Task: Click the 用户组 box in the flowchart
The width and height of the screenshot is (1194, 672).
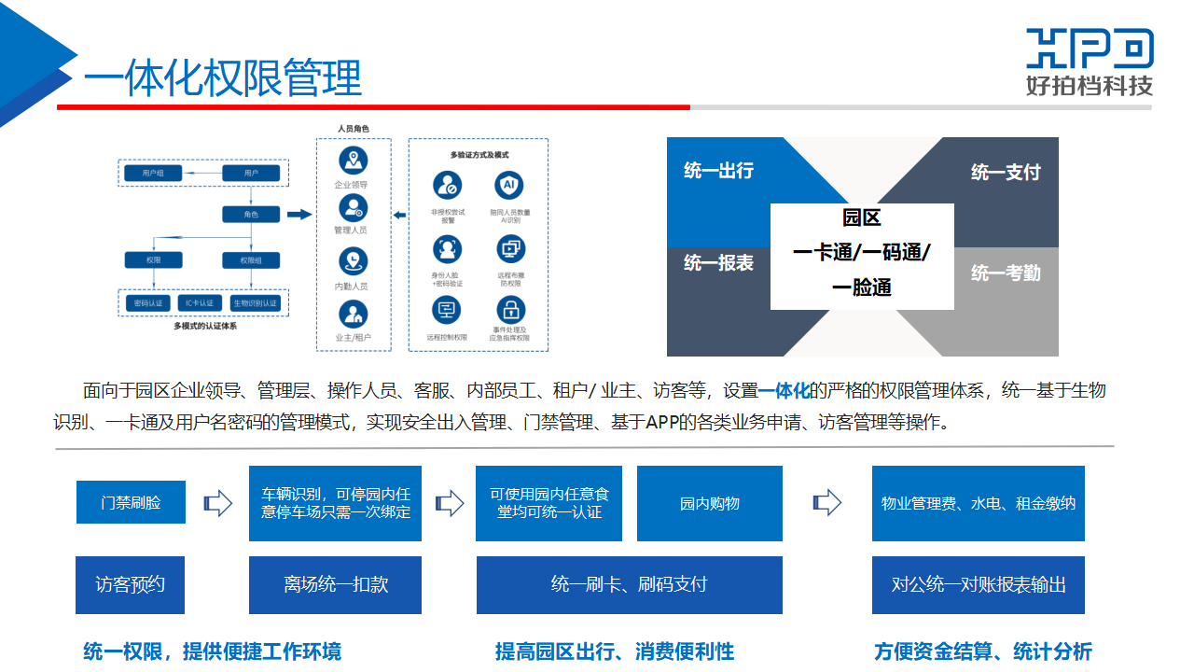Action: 153,173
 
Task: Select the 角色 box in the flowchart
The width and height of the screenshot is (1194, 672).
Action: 251,215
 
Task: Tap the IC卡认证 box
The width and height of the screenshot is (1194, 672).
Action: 199,303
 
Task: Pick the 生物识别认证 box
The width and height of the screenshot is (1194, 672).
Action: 255,303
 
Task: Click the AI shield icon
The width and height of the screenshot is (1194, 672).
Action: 509,185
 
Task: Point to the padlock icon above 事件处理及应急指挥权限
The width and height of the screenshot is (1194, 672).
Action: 510,309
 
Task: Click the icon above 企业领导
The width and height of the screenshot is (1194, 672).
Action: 352,161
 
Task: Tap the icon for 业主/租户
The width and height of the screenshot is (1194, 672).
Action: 352,314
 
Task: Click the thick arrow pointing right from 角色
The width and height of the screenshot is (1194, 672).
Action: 298,215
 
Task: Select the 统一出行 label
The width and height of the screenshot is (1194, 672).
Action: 718,171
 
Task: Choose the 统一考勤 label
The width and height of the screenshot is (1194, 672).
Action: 1006,273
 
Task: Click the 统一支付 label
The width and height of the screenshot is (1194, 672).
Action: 1006,172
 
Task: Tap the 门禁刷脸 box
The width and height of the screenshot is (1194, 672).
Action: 131,502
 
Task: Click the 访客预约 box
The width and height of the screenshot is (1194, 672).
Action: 131,584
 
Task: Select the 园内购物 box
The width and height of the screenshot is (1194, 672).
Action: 710,503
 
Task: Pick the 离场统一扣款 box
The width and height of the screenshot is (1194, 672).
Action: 336,584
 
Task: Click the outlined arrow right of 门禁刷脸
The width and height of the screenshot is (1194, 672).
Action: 217,503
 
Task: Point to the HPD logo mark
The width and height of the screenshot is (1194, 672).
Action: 1090,49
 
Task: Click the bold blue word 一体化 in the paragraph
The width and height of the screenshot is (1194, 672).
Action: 783,390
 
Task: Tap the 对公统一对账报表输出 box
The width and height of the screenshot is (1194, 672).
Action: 979,584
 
